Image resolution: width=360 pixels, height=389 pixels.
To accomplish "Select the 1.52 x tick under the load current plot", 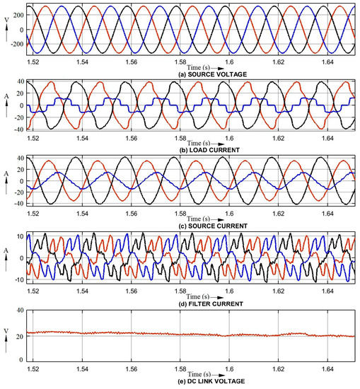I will point(33,141).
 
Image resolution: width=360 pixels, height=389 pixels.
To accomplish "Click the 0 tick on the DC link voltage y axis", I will point(22,358).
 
